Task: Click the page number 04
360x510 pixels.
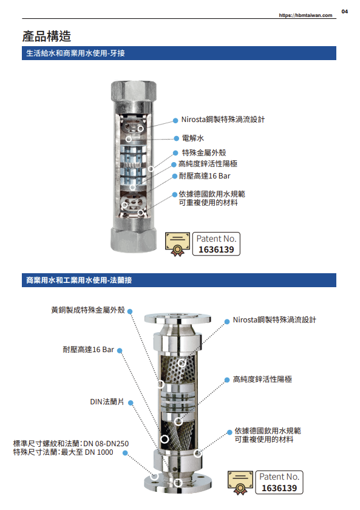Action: [x=344, y=12]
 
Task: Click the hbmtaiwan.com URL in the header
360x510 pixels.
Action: [x=305, y=15]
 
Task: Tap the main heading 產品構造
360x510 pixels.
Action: [x=47, y=36]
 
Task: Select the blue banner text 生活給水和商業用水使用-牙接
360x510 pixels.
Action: [x=75, y=53]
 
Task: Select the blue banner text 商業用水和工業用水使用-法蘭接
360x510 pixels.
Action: [x=79, y=280]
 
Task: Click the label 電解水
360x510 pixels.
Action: [x=193, y=138]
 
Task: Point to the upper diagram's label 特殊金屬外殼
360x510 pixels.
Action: [x=204, y=152]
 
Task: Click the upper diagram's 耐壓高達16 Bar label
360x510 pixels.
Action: [x=205, y=176]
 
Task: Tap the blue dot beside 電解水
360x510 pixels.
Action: [x=176, y=138]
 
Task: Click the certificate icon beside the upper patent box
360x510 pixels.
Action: [x=177, y=244]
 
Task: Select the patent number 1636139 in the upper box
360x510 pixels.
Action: [x=216, y=250]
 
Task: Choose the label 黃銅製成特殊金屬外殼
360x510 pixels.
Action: [x=88, y=310]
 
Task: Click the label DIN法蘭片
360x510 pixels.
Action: [x=107, y=402]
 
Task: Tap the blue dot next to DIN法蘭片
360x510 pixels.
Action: [x=131, y=403]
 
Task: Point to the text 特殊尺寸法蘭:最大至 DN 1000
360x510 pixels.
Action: [x=63, y=452]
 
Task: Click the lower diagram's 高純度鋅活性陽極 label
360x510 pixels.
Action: [x=262, y=379]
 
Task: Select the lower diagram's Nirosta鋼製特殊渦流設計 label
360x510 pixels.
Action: [x=274, y=320]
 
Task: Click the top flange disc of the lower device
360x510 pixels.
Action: [x=177, y=318]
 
